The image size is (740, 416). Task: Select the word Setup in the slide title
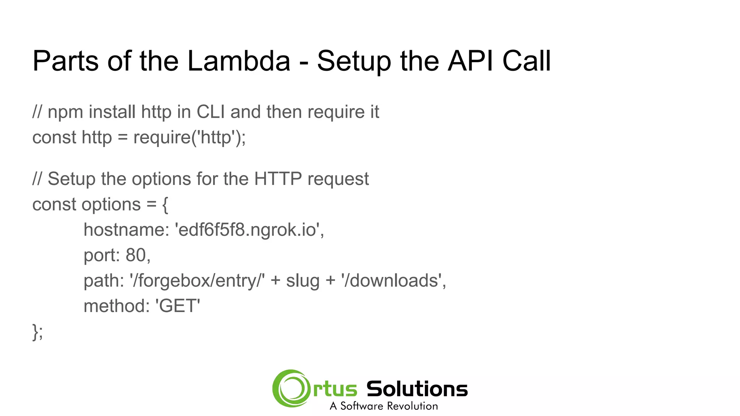[354, 61]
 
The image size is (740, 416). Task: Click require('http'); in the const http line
[189, 138]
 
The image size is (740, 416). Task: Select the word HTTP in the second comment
[278, 179]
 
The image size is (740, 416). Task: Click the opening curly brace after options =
[165, 205]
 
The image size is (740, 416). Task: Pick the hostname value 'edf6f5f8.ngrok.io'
[249, 230]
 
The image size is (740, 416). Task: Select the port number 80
[135, 255]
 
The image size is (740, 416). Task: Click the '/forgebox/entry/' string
[197, 281]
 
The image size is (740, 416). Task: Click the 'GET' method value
[178, 306]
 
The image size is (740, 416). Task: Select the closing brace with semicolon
[38, 332]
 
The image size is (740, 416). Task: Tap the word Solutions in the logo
[417, 389]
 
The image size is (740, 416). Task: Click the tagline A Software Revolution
[384, 406]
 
